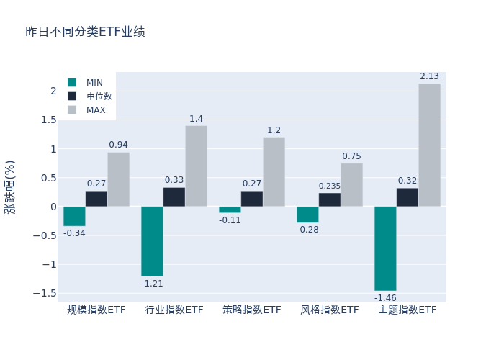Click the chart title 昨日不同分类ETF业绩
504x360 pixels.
pos(85,32)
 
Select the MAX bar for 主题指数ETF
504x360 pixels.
pos(429,145)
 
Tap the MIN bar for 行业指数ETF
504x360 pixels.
pos(152,241)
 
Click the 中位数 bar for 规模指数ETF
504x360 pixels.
pos(96,199)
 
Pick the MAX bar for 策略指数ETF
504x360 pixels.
pos(274,172)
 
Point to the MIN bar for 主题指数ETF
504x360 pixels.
pos(385,248)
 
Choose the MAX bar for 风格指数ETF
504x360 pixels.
pos(351,185)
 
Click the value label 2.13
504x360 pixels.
pos(429,76)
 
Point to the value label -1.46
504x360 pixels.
pos(385,297)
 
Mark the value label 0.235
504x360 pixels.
pos(330,186)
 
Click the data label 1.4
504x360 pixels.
pos(196,119)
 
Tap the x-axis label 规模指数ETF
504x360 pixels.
pos(96,310)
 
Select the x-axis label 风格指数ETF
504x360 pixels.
pos(330,310)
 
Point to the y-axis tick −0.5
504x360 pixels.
pos(45,235)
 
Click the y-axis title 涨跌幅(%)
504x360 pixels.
pos(10,186)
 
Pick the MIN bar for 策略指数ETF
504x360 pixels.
pos(230,210)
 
